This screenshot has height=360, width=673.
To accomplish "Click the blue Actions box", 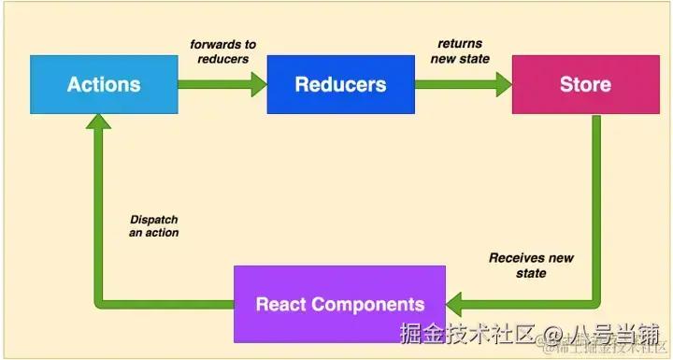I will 104,84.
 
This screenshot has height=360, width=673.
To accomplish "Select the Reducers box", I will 340,84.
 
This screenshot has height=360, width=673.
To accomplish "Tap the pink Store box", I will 585,84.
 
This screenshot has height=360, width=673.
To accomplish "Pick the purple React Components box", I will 340,304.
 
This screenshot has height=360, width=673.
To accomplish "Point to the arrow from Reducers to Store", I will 463,84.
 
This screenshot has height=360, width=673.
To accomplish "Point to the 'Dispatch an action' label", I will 154,226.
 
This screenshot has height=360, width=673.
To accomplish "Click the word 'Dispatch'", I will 154,220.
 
